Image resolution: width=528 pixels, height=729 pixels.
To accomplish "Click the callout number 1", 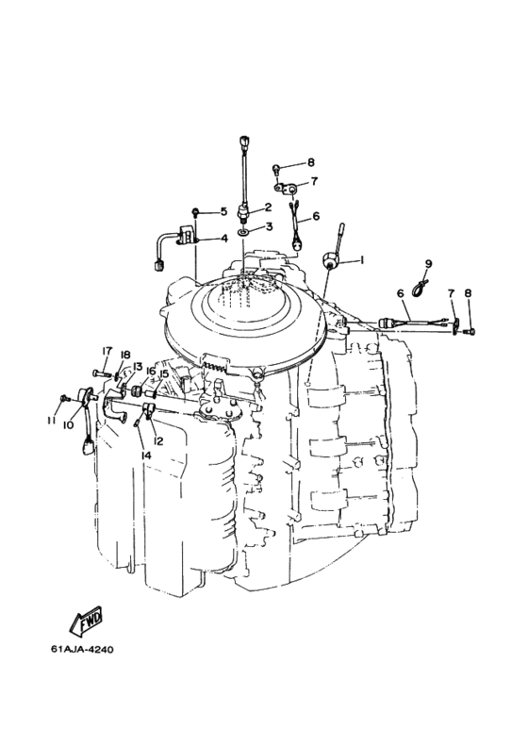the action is coord(362,260).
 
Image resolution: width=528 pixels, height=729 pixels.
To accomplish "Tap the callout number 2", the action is coord(268,207).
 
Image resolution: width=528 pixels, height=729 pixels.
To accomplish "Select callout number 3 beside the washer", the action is coord(269,226).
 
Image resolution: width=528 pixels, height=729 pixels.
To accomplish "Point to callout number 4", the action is coord(224,239).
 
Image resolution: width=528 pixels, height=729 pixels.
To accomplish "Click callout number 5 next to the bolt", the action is coord(223,212).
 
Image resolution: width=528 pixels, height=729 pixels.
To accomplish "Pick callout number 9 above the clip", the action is coord(428,264).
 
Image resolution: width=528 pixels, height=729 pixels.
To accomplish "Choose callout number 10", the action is coord(68,425).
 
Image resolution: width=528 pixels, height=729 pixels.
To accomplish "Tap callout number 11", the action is coord(51,421).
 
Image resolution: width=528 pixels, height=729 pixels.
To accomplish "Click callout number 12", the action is coord(158,440).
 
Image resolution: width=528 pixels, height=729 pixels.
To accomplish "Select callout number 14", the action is coord(146,456).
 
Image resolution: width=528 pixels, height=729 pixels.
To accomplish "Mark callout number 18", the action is coord(124,355).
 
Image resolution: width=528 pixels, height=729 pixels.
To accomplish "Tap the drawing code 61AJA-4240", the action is coord(82,649).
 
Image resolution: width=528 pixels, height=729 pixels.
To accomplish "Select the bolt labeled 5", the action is coord(195,213).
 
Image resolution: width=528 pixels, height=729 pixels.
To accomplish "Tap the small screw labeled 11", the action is coord(65,398).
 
